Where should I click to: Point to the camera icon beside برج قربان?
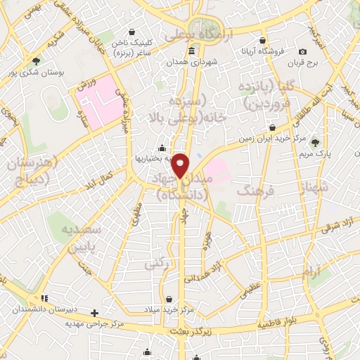pos(302,51)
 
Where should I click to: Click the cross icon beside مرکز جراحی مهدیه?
pos(95,312)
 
